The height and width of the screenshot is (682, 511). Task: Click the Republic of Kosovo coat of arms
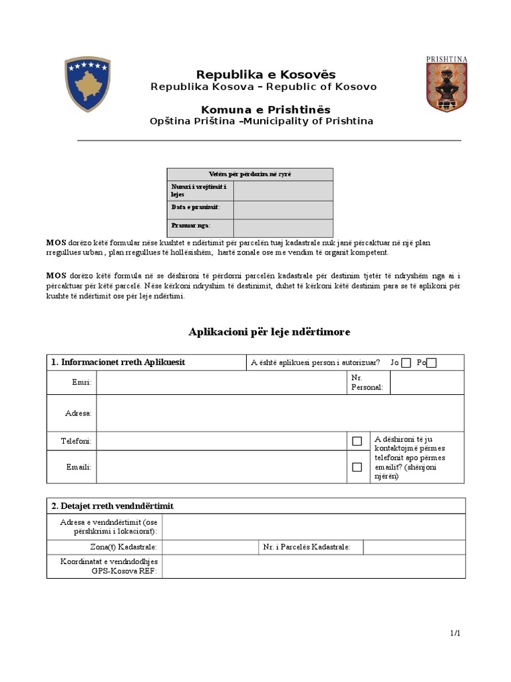point(87,84)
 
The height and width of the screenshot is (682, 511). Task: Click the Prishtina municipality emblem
point(446,84)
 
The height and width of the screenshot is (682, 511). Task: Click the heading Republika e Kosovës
point(265,75)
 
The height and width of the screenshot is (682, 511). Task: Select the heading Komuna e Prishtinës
point(265,110)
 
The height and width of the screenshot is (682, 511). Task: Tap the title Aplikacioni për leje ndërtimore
point(269,332)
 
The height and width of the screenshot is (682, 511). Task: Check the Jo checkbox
point(407,363)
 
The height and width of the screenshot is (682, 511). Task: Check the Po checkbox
point(432,363)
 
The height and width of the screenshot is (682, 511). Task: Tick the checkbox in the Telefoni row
point(357,441)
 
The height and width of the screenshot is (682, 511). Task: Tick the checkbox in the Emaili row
point(357,467)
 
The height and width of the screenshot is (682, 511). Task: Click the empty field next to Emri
point(221,383)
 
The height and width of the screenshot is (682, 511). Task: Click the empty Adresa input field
point(279,413)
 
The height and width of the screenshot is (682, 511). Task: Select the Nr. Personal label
point(367,383)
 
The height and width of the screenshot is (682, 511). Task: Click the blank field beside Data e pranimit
point(283,209)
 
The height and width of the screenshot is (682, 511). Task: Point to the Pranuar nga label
point(191,226)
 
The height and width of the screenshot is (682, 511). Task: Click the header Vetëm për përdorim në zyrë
point(250,174)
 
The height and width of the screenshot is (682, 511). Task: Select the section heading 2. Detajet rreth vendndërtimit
point(112,506)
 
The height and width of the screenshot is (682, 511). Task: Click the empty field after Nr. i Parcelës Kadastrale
point(414,547)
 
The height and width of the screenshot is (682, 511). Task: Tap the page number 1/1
point(455,633)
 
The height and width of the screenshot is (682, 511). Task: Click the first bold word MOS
point(56,243)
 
